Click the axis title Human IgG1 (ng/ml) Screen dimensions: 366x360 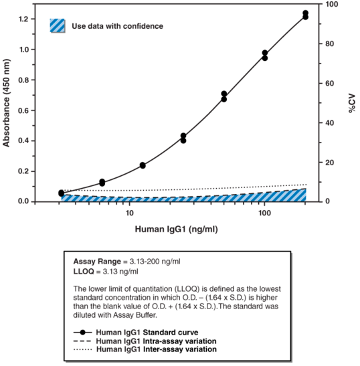coord(177,229)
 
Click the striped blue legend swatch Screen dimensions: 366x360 coord(58,26)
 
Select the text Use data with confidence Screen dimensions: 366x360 coord(117,26)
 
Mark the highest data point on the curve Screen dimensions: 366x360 coord(306,13)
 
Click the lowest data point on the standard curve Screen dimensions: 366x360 coord(62,193)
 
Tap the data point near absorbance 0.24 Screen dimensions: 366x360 coord(143,165)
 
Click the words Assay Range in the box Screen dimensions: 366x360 coord(94,260)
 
